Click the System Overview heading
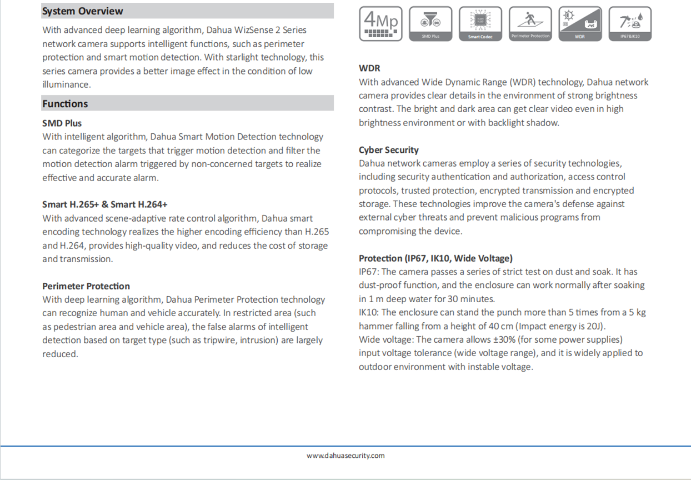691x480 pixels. click(83, 11)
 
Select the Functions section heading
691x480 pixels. click(65, 104)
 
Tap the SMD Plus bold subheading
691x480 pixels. click(62, 123)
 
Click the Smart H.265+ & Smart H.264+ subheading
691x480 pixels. click(105, 204)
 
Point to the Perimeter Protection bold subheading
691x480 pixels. click(86, 286)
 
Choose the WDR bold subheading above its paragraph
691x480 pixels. click(369, 68)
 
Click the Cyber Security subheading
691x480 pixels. click(389, 150)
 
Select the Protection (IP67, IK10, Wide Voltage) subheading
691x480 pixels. click(435, 258)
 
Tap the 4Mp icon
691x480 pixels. click(380, 24)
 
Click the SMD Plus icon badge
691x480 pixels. click(430, 24)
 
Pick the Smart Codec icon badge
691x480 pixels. click(480, 24)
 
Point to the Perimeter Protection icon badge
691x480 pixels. click(530, 24)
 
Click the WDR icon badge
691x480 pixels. click(580, 24)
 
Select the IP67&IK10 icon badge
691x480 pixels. click(630, 24)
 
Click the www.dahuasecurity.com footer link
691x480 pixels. click(345, 456)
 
